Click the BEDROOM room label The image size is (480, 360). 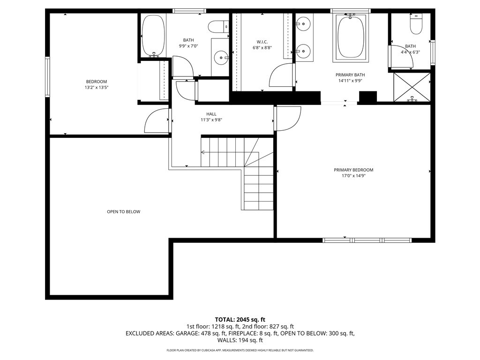point(96,82)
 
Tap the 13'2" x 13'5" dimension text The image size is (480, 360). point(96,87)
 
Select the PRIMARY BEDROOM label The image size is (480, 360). point(353,170)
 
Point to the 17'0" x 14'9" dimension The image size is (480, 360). point(353,176)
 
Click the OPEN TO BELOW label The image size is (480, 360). point(123,212)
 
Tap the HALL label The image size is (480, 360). point(211,114)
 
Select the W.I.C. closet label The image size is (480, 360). point(262,42)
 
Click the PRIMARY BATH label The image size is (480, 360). point(350,75)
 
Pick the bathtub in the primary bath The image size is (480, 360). point(350,37)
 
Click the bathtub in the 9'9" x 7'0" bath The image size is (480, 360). point(153,36)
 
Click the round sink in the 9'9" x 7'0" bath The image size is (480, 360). point(220,58)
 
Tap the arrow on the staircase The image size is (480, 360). point(203,152)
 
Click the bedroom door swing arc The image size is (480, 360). point(156,120)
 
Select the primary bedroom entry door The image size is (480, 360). point(287,119)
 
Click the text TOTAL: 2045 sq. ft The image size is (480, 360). point(240,320)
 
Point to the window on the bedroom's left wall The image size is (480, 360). point(47,76)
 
